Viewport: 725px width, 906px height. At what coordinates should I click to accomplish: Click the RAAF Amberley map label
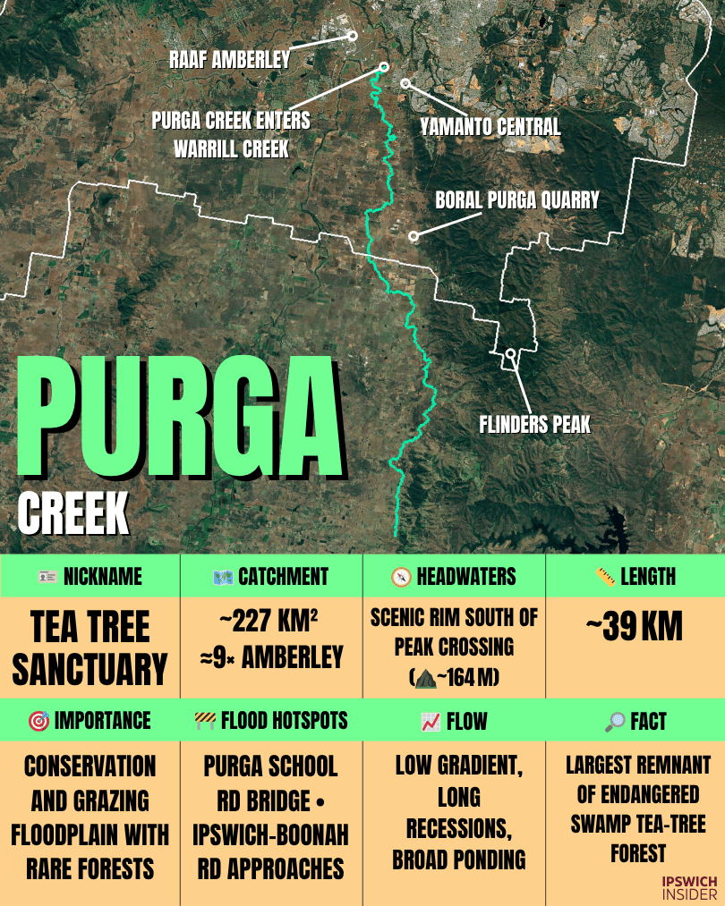click(x=230, y=61)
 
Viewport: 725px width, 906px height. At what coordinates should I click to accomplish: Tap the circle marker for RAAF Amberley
click(x=353, y=36)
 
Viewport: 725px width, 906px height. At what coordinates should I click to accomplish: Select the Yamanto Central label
click(x=490, y=127)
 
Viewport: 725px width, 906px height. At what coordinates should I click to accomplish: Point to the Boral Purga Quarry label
click(x=517, y=199)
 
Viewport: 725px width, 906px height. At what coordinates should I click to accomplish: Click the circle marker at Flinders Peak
click(x=510, y=353)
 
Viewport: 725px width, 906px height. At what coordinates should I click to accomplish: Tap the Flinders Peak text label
click(x=535, y=424)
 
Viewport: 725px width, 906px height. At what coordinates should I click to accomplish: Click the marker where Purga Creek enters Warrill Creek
click(x=384, y=67)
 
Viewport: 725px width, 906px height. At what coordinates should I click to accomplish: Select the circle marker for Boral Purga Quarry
click(x=414, y=236)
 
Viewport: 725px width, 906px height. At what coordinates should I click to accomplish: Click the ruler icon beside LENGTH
click(x=605, y=577)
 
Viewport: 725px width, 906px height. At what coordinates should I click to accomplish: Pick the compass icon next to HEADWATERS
click(x=401, y=577)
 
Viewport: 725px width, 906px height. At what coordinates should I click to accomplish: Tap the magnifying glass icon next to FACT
click(x=615, y=721)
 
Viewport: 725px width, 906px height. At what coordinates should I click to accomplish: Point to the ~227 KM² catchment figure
click(x=271, y=623)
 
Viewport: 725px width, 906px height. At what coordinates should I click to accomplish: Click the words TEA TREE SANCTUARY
click(x=90, y=647)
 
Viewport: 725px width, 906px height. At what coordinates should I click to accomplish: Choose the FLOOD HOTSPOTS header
click(x=271, y=721)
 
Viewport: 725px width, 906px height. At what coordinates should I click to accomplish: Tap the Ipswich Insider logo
click(x=689, y=886)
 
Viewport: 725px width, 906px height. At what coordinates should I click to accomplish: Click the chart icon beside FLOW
click(x=431, y=721)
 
